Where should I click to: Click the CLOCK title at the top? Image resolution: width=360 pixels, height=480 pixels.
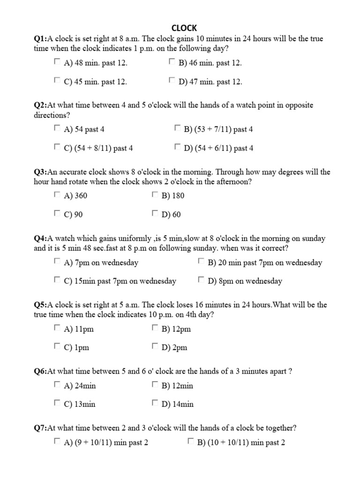tap(185, 28)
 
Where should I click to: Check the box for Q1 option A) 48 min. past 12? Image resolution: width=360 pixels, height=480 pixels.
tap(57, 61)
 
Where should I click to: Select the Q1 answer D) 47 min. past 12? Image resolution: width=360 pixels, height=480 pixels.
tap(172, 81)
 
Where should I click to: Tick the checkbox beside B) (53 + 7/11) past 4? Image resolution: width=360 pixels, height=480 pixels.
tap(178, 128)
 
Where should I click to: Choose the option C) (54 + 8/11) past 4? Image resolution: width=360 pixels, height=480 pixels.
tap(57, 147)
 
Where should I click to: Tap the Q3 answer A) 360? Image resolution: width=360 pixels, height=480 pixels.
tap(57, 195)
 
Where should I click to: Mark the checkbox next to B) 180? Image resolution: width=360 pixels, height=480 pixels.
tap(155, 195)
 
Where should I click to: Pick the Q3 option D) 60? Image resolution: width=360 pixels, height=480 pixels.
tap(155, 214)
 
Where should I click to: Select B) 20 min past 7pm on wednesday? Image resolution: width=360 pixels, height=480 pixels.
tap(201, 261)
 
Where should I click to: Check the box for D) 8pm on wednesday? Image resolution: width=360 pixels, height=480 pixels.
tap(201, 280)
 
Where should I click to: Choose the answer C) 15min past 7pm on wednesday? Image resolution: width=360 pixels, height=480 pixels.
tap(57, 280)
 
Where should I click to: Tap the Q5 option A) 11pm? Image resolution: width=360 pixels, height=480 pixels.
tap(57, 328)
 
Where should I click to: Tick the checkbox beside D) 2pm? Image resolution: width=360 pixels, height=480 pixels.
tap(155, 346)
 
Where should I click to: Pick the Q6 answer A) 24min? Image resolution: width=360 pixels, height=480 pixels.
tap(57, 385)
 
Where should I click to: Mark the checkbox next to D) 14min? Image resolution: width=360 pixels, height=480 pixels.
tap(155, 403)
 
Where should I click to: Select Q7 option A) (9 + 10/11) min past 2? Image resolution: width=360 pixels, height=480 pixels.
tap(57, 441)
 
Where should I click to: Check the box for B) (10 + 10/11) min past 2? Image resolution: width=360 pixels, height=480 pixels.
tap(191, 441)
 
